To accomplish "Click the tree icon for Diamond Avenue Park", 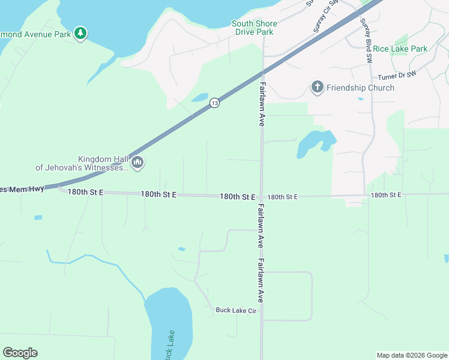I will (80, 34).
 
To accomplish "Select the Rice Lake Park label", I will (400, 49).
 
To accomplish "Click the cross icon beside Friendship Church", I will (318, 88).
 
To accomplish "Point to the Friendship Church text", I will (360, 88).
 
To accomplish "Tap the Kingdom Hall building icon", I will (137, 162).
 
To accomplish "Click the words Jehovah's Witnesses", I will (82, 167).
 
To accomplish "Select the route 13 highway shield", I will (214, 104).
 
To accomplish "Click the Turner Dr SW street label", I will (397, 76).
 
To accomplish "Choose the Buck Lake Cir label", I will (236, 310).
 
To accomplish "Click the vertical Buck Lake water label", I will (170, 345).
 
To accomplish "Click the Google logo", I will (20, 353).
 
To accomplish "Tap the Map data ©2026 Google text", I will (411, 355).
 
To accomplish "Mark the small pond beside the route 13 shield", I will (199, 97).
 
